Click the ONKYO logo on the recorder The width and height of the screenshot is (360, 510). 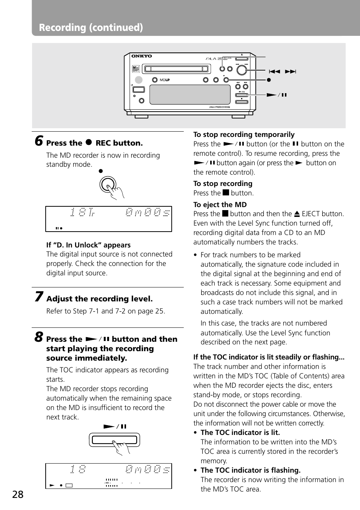(142, 56)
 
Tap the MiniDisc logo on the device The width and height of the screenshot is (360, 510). (136, 69)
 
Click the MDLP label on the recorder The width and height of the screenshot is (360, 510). (165, 80)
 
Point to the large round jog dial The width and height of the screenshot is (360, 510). (242, 70)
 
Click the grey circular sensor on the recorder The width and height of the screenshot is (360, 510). (139, 80)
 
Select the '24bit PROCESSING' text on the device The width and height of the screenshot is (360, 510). (219, 107)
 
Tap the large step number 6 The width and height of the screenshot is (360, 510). (38, 141)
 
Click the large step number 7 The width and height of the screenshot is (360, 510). (38, 297)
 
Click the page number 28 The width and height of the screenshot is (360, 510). (18, 495)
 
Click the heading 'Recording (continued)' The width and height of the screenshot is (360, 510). (91, 28)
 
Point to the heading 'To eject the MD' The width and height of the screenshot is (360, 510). (220, 205)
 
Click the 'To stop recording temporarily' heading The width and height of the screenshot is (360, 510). (244, 135)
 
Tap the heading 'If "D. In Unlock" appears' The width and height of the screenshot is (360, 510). (88, 245)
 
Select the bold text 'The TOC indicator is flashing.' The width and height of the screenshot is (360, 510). (251, 470)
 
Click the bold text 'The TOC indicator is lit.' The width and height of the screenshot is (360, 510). (240, 433)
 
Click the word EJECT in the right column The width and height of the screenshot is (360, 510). (311, 214)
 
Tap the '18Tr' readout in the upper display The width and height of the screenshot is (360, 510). (82, 213)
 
